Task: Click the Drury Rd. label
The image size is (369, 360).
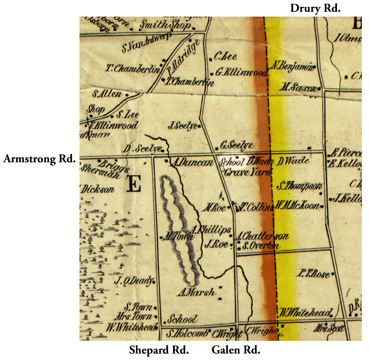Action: tap(315, 8)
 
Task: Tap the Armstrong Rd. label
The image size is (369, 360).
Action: tap(39, 159)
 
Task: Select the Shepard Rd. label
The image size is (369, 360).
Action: tap(159, 350)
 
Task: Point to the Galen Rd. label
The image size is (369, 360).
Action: tap(236, 350)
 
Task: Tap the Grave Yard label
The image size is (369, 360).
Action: tap(248, 172)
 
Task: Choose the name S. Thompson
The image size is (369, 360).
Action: tap(299, 186)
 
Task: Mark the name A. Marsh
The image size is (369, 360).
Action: tap(196, 292)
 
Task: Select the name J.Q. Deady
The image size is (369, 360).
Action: tap(134, 281)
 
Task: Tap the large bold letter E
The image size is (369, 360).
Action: tap(133, 184)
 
